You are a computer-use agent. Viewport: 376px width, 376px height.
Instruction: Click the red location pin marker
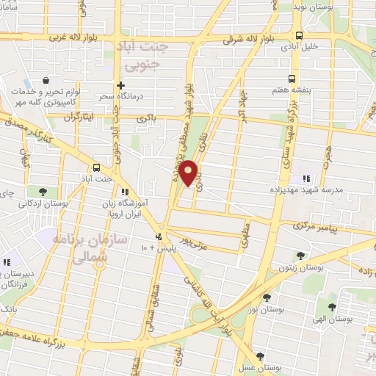pos(189,173)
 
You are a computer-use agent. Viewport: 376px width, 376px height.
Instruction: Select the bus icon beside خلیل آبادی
pos(298,35)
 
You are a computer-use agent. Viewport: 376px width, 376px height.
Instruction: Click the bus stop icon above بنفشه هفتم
pos(292,78)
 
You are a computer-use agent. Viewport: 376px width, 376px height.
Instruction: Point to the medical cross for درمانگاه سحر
pos(120,85)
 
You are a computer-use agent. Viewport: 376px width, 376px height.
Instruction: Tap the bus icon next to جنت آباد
pos(98,167)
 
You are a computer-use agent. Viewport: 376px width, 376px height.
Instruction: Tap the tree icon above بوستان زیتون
pos(300,256)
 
